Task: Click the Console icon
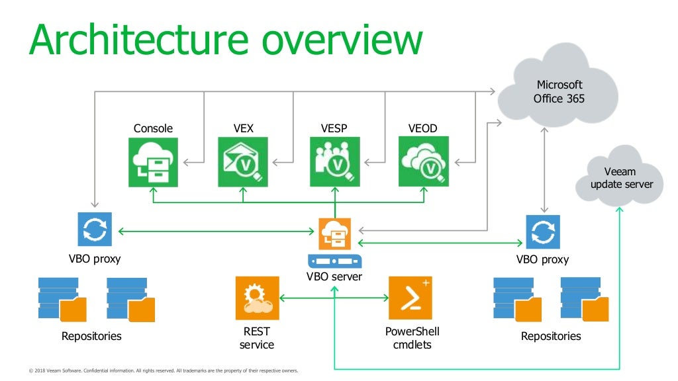153,161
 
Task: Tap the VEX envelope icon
243,161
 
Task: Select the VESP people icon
335,161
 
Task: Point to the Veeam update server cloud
620,177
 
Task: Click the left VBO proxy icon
95,230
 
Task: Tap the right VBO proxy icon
542,232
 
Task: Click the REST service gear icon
257,298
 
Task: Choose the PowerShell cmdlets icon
411,298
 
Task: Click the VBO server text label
334,276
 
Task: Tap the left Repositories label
91,336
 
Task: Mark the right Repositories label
550,336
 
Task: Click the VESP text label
334,128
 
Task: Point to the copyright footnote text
164,370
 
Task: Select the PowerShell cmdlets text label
412,337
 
